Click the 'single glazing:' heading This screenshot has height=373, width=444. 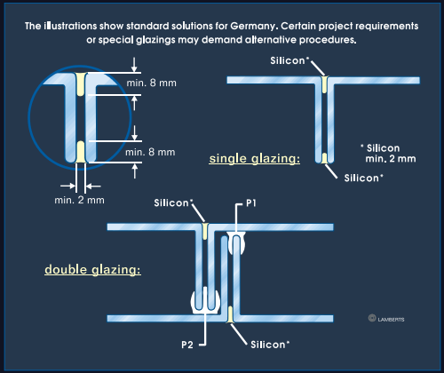[x=255, y=159]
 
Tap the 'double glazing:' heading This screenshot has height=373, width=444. [x=92, y=270]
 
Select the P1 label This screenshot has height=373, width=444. [x=251, y=203]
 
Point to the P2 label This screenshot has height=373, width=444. [x=187, y=345]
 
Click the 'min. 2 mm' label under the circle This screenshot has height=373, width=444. [x=79, y=200]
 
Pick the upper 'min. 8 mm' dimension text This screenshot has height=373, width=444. [x=151, y=83]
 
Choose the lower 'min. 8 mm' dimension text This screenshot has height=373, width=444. [x=150, y=152]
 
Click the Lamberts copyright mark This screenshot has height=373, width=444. [x=386, y=319]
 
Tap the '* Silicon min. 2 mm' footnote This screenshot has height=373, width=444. [x=388, y=154]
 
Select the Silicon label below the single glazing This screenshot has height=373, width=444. [x=363, y=178]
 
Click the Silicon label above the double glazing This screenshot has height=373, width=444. [x=173, y=202]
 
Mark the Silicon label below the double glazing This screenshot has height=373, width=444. [x=270, y=345]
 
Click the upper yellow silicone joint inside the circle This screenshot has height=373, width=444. [x=81, y=84]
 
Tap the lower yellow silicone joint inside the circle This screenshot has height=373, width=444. [x=81, y=152]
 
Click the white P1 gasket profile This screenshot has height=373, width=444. [x=236, y=243]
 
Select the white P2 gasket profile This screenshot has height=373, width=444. [x=205, y=302]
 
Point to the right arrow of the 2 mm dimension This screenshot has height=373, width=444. [x=93, y=186]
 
